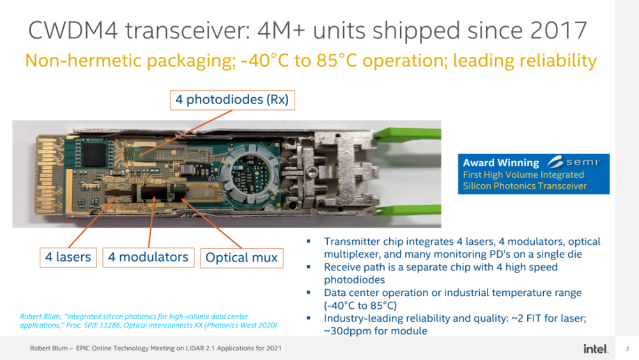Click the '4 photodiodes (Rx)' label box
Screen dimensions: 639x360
pyautogui.click(x=233, y=100)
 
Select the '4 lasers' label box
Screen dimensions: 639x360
pyautogui.click(x=68, y=257)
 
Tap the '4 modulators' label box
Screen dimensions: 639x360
pyautogui.click(x=148, y=257)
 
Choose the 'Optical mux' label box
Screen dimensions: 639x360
pyautogui.click(x=242, y=258)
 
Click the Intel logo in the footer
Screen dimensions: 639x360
pyautogui.click(x=596, y=348)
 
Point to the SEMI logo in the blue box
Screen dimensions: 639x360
pyautogui.click(x=573, y=162)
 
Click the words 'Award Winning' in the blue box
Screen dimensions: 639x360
pyautogui.click(x=501, y=162)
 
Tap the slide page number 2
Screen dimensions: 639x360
pyautogui.click(x=627, y=348)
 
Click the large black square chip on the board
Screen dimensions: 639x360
pyautogui.click(x=94, y=155)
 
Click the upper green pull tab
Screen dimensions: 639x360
pyautogui.click(x=408, y=133)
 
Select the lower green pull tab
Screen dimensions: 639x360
pyautogui.click(x=408, y=210)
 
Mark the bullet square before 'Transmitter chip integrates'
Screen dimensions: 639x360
pyautogui.click(x=309, y=241)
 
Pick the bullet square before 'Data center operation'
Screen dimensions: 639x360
pyautogui.click(x=309, y=292)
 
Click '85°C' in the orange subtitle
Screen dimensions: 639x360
pyautogui.click(x=337, y=61)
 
